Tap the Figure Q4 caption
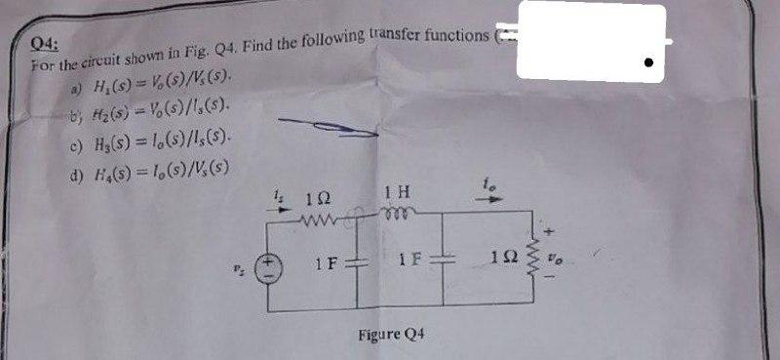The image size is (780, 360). pos(391,335)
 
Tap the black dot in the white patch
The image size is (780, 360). pos(646,58)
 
